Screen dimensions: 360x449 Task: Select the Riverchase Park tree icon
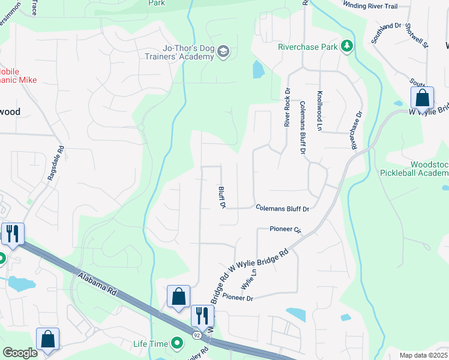(x=346, y=46)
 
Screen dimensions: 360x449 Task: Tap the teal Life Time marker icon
(x=177, y=344)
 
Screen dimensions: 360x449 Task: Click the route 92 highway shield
(x=197, y=334)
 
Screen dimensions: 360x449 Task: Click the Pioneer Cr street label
(x=285, y=229)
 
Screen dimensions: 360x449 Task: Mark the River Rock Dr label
(x=287, y=107)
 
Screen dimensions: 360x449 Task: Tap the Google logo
(x=20, y=352)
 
